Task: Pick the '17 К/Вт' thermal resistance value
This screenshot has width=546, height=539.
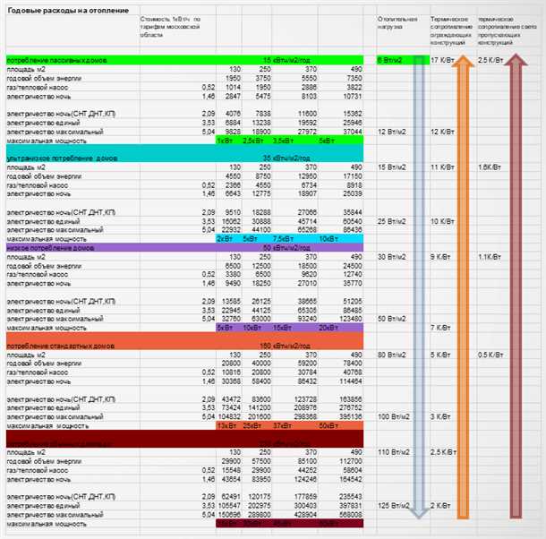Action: coord(440,60)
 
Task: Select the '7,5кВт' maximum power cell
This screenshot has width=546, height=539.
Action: coord(284,239)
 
